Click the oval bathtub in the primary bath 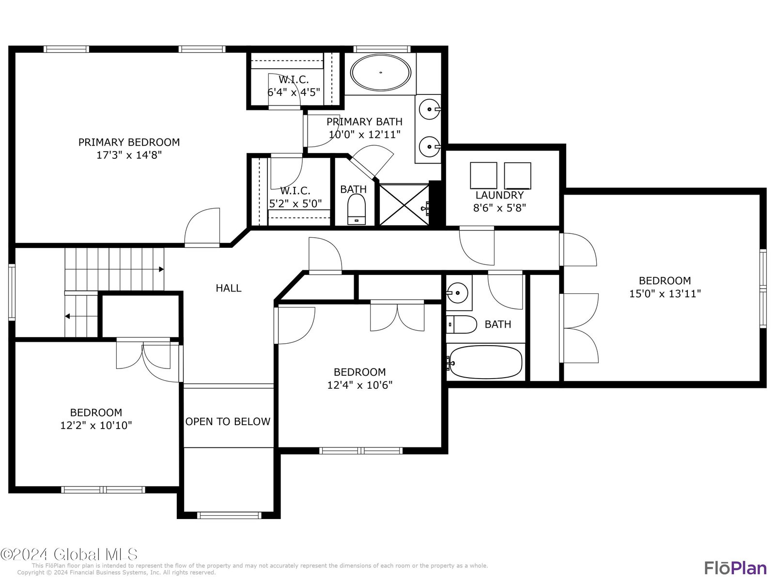[x=380, y=72]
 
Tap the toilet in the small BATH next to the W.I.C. [x=356, y=210]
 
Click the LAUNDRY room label [x=499, y=195]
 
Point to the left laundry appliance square [x=483, y=175]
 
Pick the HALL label [x=229, y=288]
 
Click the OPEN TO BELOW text [x=228, y=422]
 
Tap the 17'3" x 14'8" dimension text [x=129, y=155]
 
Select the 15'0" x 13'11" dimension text [x=665, y=293]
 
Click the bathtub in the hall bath [x=485, y=362]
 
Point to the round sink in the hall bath [x=458, y=292]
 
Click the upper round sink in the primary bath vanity [x=429, y=109]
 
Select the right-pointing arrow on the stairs [x=161, y=269]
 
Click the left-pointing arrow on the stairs [x=67, y=316]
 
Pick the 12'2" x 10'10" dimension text [x=96, y=426]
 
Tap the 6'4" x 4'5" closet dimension [x=294, y=92]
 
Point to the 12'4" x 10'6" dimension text [x=360, y=385]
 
